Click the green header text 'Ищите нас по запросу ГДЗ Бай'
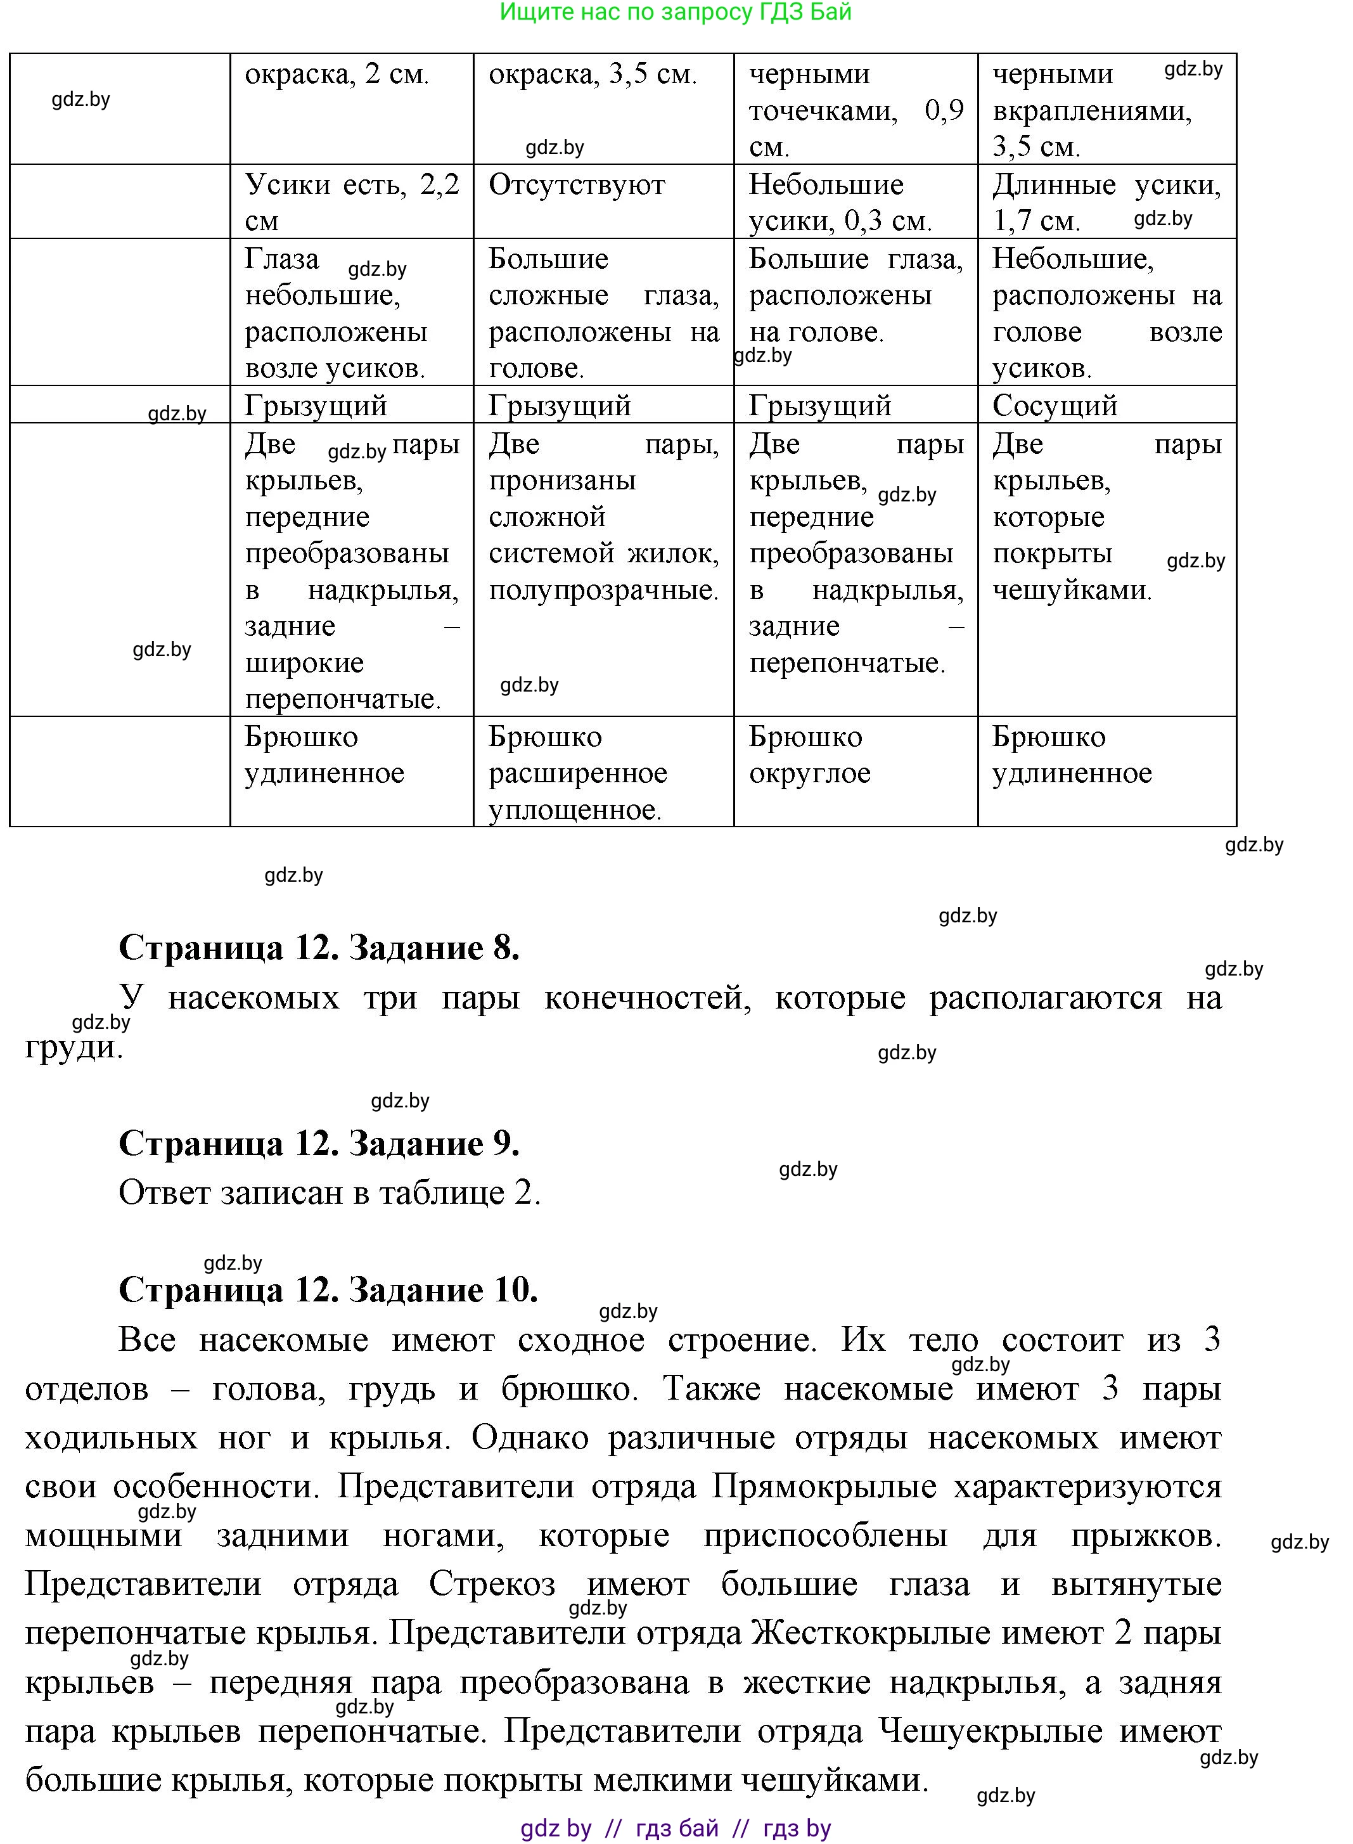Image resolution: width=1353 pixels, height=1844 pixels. tap(676, 12)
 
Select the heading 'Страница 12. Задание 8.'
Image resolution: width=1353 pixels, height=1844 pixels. tap(319, 948)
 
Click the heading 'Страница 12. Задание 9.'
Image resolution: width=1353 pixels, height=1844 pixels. tap(319, 1144)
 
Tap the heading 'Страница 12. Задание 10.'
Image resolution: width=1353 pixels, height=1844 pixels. tap(328, 1290)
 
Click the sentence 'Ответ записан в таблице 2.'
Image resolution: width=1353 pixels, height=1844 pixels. tap(330, 1193)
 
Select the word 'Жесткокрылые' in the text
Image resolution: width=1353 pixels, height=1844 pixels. tap(871, 1634)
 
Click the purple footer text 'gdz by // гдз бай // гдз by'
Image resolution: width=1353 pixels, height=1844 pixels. tap(676, 1828)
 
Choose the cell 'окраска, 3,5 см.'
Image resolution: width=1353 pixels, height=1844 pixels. tap(593, 75)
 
